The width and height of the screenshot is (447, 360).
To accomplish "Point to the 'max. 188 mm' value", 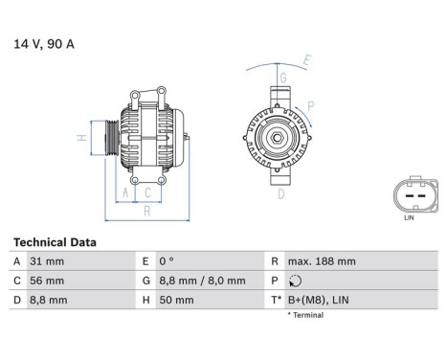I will pos(322,261).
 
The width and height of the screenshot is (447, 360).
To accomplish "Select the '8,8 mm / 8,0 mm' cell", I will pos(204,281).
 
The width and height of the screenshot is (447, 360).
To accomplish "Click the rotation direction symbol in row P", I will pos(293,281).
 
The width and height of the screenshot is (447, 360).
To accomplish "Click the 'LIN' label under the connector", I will pos(410,219).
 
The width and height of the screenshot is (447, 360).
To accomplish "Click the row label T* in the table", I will pos(277,300).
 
